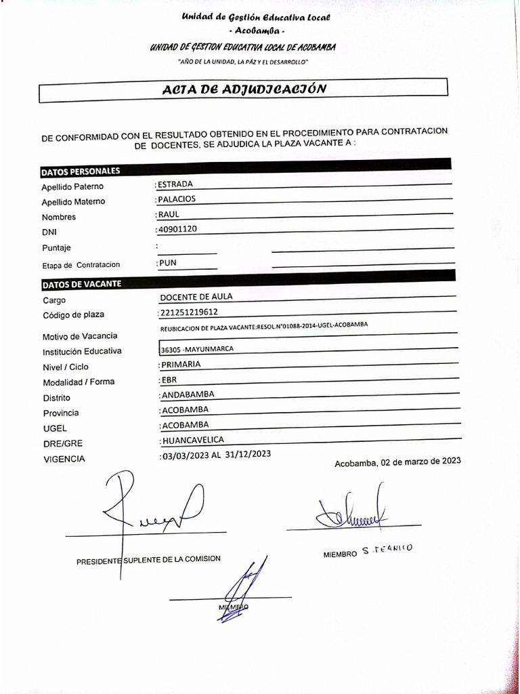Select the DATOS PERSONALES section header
(81, 171)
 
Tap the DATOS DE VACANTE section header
(81, 284)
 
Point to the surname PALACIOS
(177, 199)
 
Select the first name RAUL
(168, 214)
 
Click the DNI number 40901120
(177, 229)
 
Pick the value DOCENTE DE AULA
(196, 297)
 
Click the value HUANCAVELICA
(192, 440)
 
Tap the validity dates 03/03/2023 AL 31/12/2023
(215, 455)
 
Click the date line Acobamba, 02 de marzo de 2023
(397, 462)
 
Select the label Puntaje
(56, 248)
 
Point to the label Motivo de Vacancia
(80, 336)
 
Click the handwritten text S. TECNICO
(387, 550)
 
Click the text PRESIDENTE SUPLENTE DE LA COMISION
(148, 560)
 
